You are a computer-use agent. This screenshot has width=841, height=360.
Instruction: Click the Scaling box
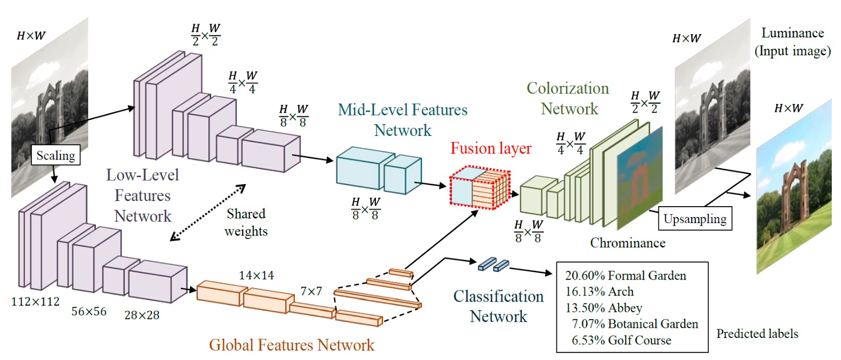(55, 155)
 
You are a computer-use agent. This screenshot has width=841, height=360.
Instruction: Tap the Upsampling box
(695, 219)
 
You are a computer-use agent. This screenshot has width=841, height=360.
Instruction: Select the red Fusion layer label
(491, 148)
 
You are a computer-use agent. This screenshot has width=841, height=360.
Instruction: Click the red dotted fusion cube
(479, 188)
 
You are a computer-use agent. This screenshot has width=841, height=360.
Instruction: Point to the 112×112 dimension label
(35, 302)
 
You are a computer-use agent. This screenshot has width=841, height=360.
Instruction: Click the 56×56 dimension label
(89, 311)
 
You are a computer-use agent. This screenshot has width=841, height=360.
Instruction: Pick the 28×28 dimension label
(142, 315)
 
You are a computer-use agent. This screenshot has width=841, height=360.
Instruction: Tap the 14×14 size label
(256, 275)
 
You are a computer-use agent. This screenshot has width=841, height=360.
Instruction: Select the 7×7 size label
(311, 291)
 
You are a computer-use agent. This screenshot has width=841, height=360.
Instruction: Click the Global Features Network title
(291, 345)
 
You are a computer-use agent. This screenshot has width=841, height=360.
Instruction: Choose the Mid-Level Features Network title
(403, 120)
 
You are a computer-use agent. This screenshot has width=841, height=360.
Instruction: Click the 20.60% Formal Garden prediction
(625, 275)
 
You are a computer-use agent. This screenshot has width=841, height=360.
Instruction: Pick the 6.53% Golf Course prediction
(621, 340)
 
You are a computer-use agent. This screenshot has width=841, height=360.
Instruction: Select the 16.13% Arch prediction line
(599, 292)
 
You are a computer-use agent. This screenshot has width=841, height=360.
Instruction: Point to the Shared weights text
(246, 223)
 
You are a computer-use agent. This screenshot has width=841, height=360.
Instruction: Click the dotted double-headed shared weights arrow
(208, 213)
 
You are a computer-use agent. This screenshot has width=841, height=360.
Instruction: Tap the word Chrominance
(628, 243)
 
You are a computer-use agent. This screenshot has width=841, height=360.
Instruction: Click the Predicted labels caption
(757, 334)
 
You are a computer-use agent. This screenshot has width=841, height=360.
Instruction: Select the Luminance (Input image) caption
(792, 42)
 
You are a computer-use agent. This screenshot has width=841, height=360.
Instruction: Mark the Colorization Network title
(568, 98)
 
